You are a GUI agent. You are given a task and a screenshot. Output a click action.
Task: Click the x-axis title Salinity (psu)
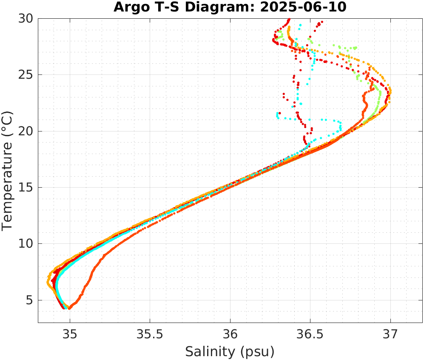tap(230, 351)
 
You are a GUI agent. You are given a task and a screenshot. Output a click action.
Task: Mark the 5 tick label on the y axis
tap(30, 300)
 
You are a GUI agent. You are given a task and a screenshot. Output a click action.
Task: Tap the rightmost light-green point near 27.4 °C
tap(356, 48)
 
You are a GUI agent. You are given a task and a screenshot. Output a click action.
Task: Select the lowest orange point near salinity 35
tap(69, 308)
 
